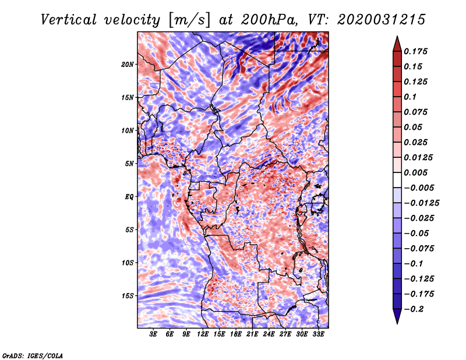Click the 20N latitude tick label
coord(128,64)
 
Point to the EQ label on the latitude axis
coord(129,197)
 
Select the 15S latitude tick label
coord(128,296)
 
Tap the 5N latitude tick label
coord(129,164)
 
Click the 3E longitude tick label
coord(154,334)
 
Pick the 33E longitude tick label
coord(318,334)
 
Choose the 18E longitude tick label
coord(236,334)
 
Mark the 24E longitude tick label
coord(269,334)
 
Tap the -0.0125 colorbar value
coord(423,203)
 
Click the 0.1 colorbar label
coord(411,97)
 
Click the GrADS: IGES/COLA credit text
coord(32,355)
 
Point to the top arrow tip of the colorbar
coord(396,37)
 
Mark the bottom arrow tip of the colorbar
coord(396,322)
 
